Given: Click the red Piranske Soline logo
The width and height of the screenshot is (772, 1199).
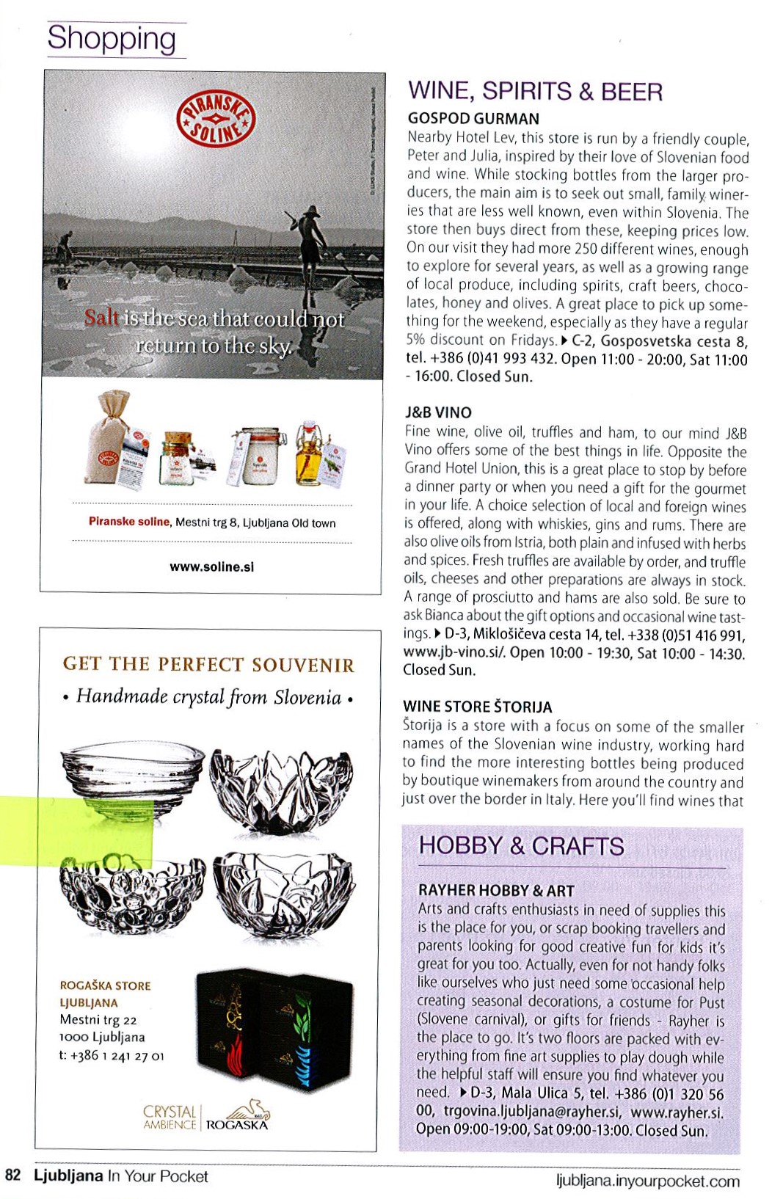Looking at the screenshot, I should (216, 120).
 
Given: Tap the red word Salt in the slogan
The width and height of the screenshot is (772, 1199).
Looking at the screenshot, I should (101, 318).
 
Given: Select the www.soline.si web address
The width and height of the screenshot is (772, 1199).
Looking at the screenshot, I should (211, 566).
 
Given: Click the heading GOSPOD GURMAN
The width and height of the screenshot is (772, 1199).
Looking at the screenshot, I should (473, 118).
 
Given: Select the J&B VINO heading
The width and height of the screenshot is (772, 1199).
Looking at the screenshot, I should (438, 412).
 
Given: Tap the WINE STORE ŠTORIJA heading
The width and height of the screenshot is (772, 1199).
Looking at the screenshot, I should (477, 707).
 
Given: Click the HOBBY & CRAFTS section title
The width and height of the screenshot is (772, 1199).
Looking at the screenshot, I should (521, 846).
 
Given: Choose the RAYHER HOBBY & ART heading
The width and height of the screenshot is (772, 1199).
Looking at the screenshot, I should (496, 891).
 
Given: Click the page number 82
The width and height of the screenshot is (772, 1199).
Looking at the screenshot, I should (12, 1176).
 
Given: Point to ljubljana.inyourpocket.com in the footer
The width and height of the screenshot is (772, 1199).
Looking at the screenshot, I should (648, 1181).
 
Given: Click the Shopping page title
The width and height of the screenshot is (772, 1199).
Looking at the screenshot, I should (112, 39).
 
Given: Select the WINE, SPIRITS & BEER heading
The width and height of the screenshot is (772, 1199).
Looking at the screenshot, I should (535, 91).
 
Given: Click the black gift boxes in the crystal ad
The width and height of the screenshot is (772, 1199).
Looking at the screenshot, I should (274, 1032).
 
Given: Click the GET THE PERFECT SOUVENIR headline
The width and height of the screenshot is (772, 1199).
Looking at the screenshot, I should (208, 665).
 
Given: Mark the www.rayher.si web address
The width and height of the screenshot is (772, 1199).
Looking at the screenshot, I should (677, 1112).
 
